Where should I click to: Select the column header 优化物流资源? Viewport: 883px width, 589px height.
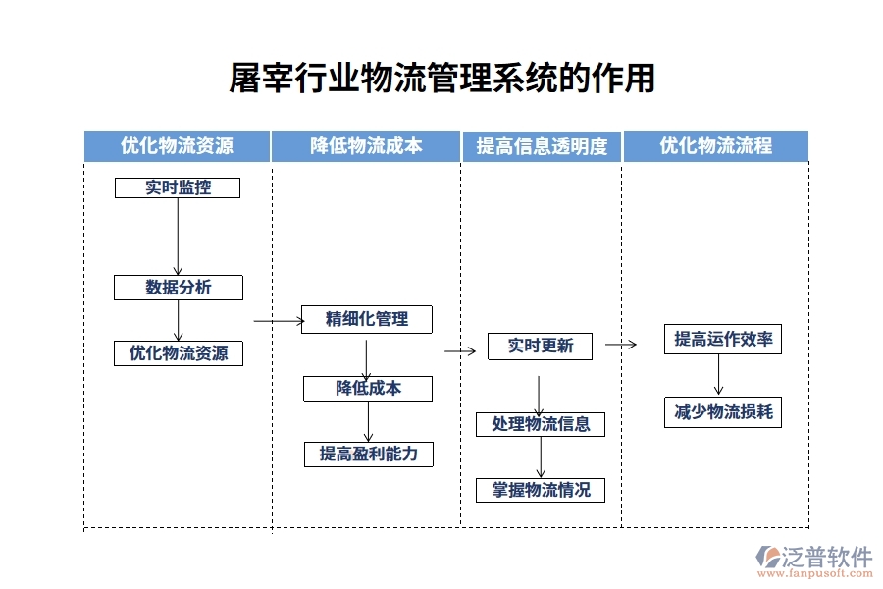177,146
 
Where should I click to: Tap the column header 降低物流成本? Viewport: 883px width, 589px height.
366,146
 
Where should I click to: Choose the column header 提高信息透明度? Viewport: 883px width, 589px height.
542,146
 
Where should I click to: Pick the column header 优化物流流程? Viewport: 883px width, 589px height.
715,146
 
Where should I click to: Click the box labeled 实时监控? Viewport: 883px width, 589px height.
178,187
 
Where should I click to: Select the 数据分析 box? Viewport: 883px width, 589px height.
178,288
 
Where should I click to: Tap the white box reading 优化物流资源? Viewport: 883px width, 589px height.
178,353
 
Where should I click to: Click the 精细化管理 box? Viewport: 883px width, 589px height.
367,319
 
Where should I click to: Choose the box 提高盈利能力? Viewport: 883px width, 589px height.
368,454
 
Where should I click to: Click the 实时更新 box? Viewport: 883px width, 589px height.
540,347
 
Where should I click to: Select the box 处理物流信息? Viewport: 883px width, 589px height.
541,424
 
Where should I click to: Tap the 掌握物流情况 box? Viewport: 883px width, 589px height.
541,490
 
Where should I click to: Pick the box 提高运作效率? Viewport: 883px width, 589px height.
723,340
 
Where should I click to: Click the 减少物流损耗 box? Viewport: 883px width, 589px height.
723,412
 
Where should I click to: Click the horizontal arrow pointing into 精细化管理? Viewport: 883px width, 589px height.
279,320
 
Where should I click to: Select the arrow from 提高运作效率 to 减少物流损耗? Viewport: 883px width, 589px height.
719,375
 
